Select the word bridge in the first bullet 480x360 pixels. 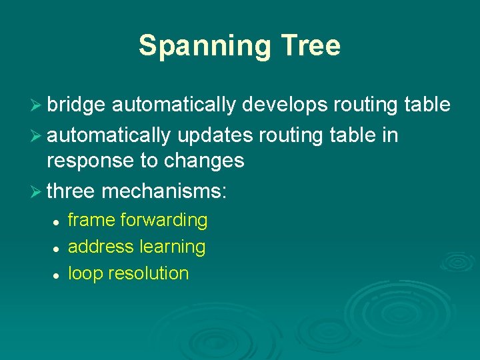coord(77,105)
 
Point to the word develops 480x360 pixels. coord(285,105)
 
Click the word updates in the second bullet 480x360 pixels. coord(215,135)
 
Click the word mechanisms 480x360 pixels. coord(164,192)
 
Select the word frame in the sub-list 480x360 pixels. coord(92,220)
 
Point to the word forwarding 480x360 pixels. coord(165,220)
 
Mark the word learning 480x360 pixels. coord(172,247)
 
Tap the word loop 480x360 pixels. coord(83,273)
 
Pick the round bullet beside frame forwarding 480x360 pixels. coord(58,221)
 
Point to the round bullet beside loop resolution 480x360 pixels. coord(58,275)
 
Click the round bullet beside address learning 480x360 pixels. coord(58,248)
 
